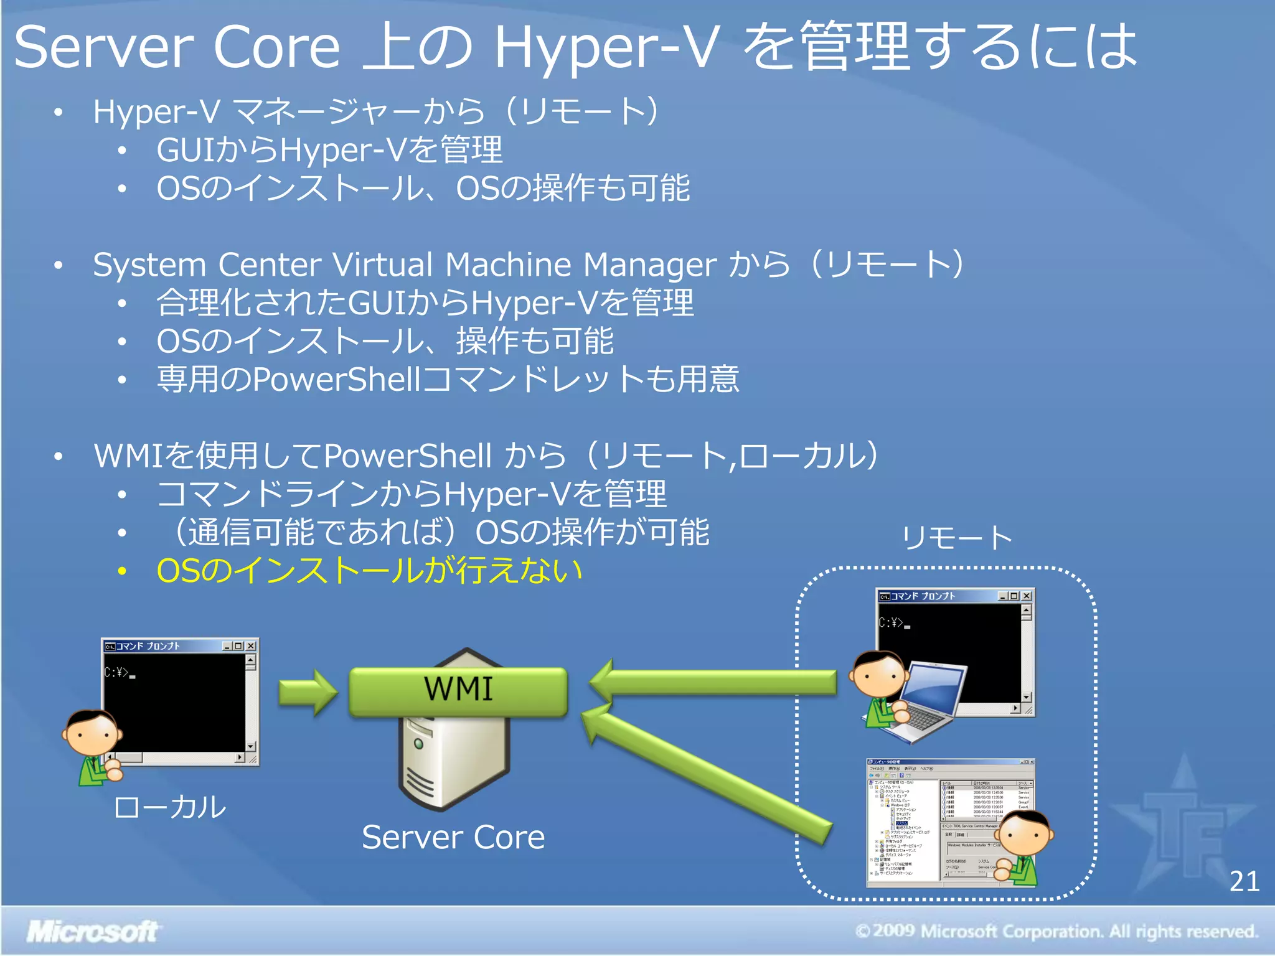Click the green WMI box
click(x=458, y=691)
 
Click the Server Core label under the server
click(x=453, y=837)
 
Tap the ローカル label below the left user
click(x=169, y=807)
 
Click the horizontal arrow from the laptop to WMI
click(x=716, y=683)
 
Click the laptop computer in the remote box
click(x=921, y=703)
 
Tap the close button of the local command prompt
click(x=251, y=646)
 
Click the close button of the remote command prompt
click(x=1027, y=596)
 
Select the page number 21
click(x=1244, y=881)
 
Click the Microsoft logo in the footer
click(x=92, y=932)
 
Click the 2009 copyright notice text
click(x=1057, y=932)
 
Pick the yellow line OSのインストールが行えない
click(x=369, y=570)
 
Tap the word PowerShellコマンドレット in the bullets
click(x=423, y=379)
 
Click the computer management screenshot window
click(x=921, y=822)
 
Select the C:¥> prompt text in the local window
click(x=117, y=672)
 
